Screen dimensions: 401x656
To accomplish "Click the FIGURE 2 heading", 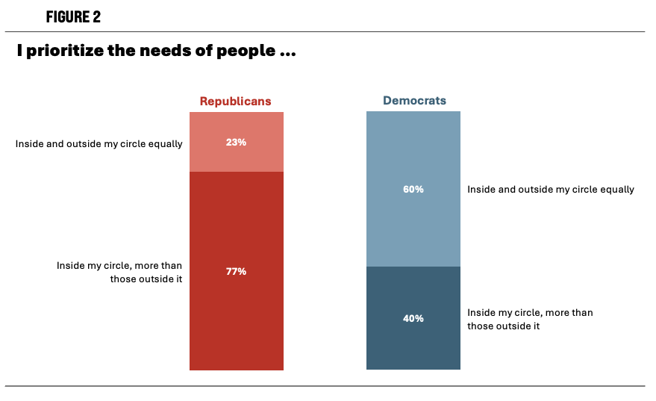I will (x=73, y=17).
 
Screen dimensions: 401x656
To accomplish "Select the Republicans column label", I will (x=235, y=101).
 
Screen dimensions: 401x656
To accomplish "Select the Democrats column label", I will (x=414, y=100).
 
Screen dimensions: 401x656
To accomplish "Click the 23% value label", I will (x=236, y=142).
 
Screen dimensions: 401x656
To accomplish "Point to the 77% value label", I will (x=236, y=271).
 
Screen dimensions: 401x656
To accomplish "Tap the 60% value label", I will (x=413, y=189).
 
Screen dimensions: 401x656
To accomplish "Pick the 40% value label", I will (x=413, y=318).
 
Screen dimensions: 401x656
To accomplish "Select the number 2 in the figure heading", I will (x=96, y=17).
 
